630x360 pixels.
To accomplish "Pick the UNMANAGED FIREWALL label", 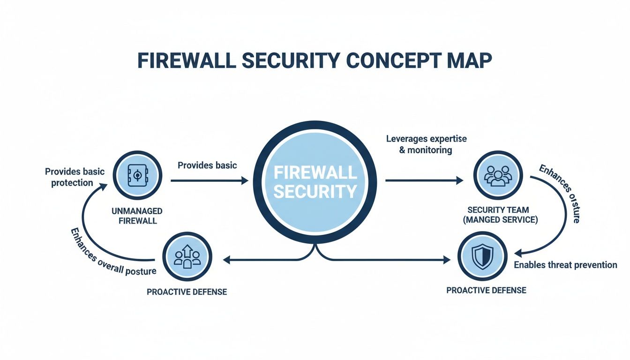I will (137, 215).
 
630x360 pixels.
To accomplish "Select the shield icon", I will (482, 256).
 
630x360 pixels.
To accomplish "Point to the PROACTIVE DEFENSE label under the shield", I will (486, 290).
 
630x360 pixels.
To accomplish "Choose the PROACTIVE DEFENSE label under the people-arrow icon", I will (187, 292).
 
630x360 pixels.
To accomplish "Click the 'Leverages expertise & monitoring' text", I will (426, 144).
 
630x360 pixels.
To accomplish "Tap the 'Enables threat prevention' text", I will (565, 265).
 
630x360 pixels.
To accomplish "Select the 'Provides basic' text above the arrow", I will (207, 165).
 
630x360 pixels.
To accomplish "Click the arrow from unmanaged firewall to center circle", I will (209, 180).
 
